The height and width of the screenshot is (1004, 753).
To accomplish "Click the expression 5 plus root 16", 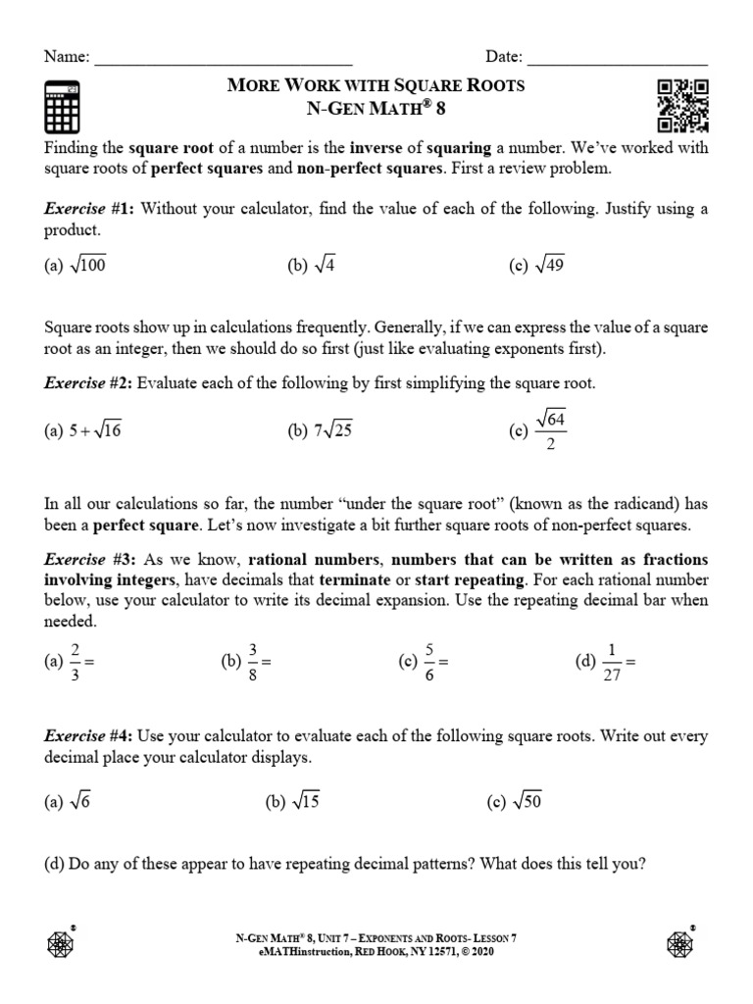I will [94, 429].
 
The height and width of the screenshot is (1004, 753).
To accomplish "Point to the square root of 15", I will [306, 801].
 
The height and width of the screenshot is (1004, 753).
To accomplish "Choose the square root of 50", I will [527, 801].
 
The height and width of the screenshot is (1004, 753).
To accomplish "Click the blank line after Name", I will [224, 59].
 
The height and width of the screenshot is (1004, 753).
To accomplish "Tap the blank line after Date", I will [617, 59].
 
